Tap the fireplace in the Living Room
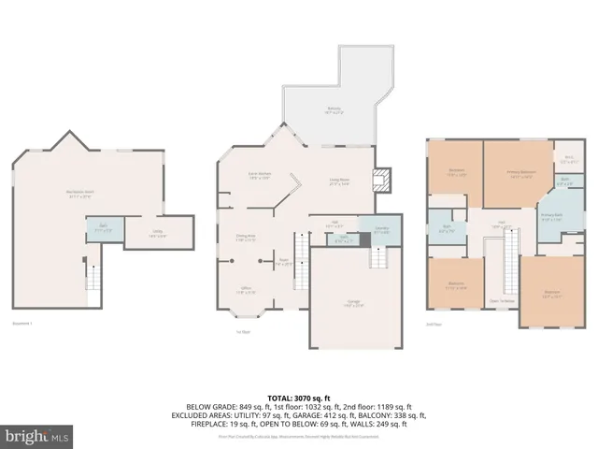tap(381, 181)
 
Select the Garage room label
tap(354, 302)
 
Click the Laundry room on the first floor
tap(382, 232)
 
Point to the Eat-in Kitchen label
tap(259, 175)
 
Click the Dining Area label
tap(246, 238)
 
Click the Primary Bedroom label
tap(521, 172)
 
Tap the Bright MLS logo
tap(31, 436)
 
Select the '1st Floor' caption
tap(244, 331)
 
